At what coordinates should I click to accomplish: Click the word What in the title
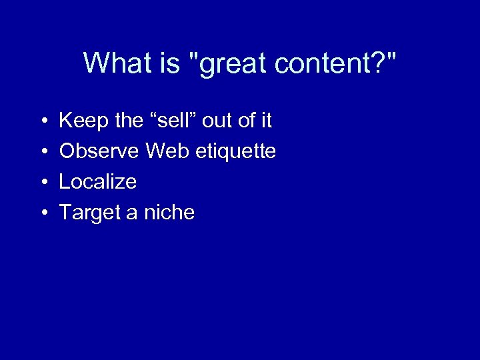(x=117, y=63)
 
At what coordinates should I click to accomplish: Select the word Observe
(x=99, y=151)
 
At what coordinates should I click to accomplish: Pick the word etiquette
(x=236, y=152)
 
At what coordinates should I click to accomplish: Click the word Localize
(x=98, y=182)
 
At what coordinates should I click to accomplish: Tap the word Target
(x=88, y=213)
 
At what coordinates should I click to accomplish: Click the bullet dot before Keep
(x=42, y=121)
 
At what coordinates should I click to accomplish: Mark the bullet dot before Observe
(x=42, y=152)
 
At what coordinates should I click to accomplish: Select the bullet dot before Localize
(x=42, y=183)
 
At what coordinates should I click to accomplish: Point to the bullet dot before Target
(x=42, y=213)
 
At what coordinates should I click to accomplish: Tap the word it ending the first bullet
(x=266, y=121)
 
